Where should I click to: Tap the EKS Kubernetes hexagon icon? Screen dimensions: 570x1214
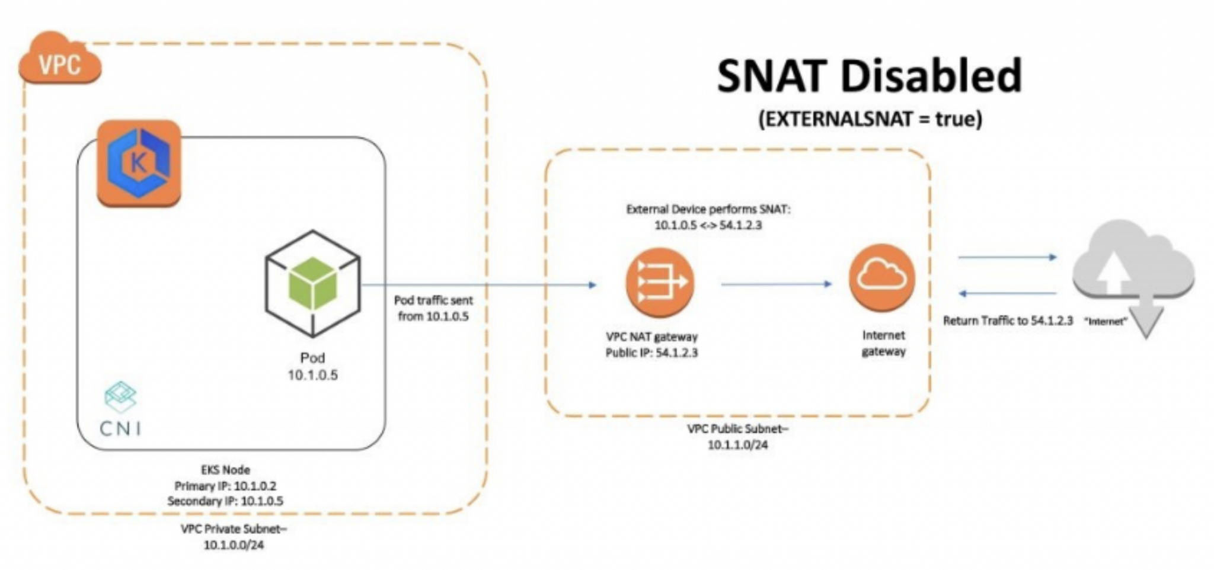(139, 163)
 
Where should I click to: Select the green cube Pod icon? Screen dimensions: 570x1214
(312, 283)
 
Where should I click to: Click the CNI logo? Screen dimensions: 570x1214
(121, 409)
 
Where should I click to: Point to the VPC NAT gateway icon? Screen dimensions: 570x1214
(659, 283)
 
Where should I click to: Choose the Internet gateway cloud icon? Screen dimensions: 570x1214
(881, 277)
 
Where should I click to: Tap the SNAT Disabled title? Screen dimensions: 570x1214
(869, 76)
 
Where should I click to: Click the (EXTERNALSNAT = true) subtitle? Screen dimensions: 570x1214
(870, 119)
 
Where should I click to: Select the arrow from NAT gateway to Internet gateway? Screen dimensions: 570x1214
(776, 284)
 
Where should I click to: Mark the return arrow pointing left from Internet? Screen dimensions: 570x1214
(1007, 293)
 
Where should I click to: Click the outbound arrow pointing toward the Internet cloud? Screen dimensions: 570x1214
(1007, 257)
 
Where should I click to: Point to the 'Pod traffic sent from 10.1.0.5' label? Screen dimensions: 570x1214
(433, 308)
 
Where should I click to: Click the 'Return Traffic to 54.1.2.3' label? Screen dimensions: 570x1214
(1008, 321)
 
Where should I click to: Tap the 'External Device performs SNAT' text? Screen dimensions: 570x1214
(708, 209)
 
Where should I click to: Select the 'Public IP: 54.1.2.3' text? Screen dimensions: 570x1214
(651, 353)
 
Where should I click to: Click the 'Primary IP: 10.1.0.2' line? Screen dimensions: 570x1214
(225, 486)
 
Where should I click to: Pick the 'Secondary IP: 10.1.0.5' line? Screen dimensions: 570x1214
(225, 501)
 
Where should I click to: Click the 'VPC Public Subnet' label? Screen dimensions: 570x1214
(737, 429)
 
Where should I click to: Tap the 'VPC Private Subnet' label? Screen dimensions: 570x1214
(234, 529)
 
